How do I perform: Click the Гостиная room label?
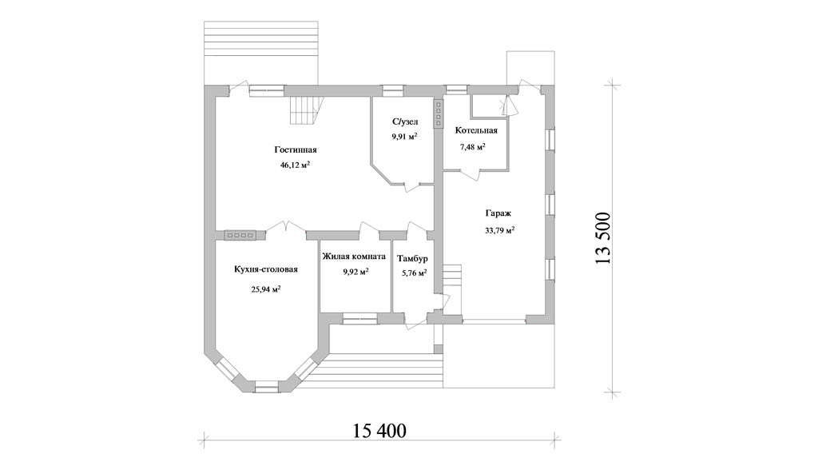click(296, 150)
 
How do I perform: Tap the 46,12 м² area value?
click(296, 165)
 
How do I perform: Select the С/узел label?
click(405, 122)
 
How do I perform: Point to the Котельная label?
click(476, 130)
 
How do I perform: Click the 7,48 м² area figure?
click(473, 147)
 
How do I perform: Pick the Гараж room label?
click(498, 213)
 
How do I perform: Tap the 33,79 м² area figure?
click(500, 229)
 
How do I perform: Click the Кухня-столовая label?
click(266, 269)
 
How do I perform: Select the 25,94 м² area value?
click(266, 289)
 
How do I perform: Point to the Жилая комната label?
click(354, 257)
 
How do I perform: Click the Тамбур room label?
click(412, 259)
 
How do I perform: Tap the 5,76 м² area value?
click(415, 273)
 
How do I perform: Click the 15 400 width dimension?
click(379, 431)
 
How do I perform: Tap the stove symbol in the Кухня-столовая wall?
click(240, 236)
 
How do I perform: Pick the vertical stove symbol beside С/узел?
click(438, 114)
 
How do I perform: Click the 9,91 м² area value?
click(405, 137)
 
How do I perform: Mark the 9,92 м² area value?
click(355, 272)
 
